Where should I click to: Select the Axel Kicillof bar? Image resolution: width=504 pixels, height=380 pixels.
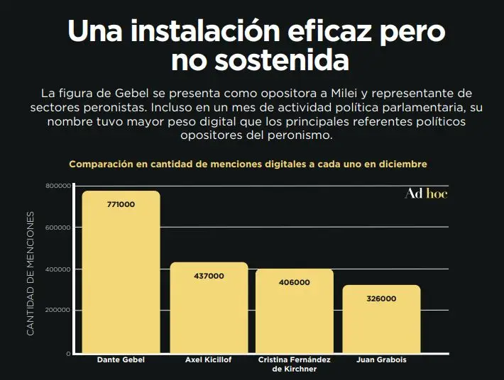click(209, 312)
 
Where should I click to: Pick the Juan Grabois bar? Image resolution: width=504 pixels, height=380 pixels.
click(381, 323)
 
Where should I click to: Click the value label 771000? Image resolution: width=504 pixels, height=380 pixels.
click(121, 204)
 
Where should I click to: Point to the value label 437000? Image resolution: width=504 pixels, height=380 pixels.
click(209, 276)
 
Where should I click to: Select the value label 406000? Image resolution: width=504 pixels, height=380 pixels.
click(295, 282)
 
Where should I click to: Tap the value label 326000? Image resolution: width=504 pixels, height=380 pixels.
click(381, 298)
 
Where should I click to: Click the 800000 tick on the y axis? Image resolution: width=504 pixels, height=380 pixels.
click(57, 186)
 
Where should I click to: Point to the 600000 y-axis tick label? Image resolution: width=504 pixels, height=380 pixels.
click(57, 228)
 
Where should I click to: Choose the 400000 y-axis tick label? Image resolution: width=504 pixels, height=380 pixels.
click(57, 269)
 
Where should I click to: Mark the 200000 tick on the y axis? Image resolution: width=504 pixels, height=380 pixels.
click(57, 311)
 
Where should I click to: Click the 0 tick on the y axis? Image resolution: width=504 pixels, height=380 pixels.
click(69, 352)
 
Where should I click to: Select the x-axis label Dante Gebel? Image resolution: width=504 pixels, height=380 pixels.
click(121, 360)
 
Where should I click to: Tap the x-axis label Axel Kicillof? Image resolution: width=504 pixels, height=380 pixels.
click(209, 360)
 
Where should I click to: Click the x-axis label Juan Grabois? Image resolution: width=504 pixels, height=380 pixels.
click(381, 360)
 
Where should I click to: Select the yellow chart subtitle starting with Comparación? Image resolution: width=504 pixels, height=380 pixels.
click(248, 164)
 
